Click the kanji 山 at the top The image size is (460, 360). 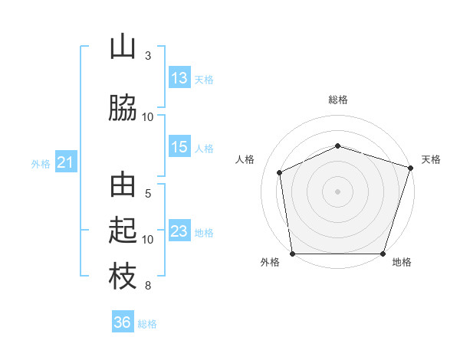point(123,46)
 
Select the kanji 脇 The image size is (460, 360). point(123,108)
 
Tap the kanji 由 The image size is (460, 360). point(123,185)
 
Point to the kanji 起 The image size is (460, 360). point(123,230)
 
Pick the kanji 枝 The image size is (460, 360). point(123,277)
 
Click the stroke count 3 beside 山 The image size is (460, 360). point(148,56)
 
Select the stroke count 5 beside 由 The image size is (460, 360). point(148,194)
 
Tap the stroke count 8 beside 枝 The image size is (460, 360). point(148,286)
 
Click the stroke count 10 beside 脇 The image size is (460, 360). point(147,117)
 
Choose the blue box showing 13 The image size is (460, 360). point(179,77)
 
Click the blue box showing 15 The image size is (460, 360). point(179,146)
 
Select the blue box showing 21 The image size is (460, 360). point(66,162)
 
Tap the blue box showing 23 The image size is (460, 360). point(179,230)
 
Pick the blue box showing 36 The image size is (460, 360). point(123,321)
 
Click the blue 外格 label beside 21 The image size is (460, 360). point(41,164)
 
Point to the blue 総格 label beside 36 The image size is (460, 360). point(147,324)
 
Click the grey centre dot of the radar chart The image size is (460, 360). point(337,191)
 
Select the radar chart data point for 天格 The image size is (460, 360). point(411,168)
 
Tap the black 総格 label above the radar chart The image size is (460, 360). point(338,100)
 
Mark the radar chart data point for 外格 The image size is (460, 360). point(293,254)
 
